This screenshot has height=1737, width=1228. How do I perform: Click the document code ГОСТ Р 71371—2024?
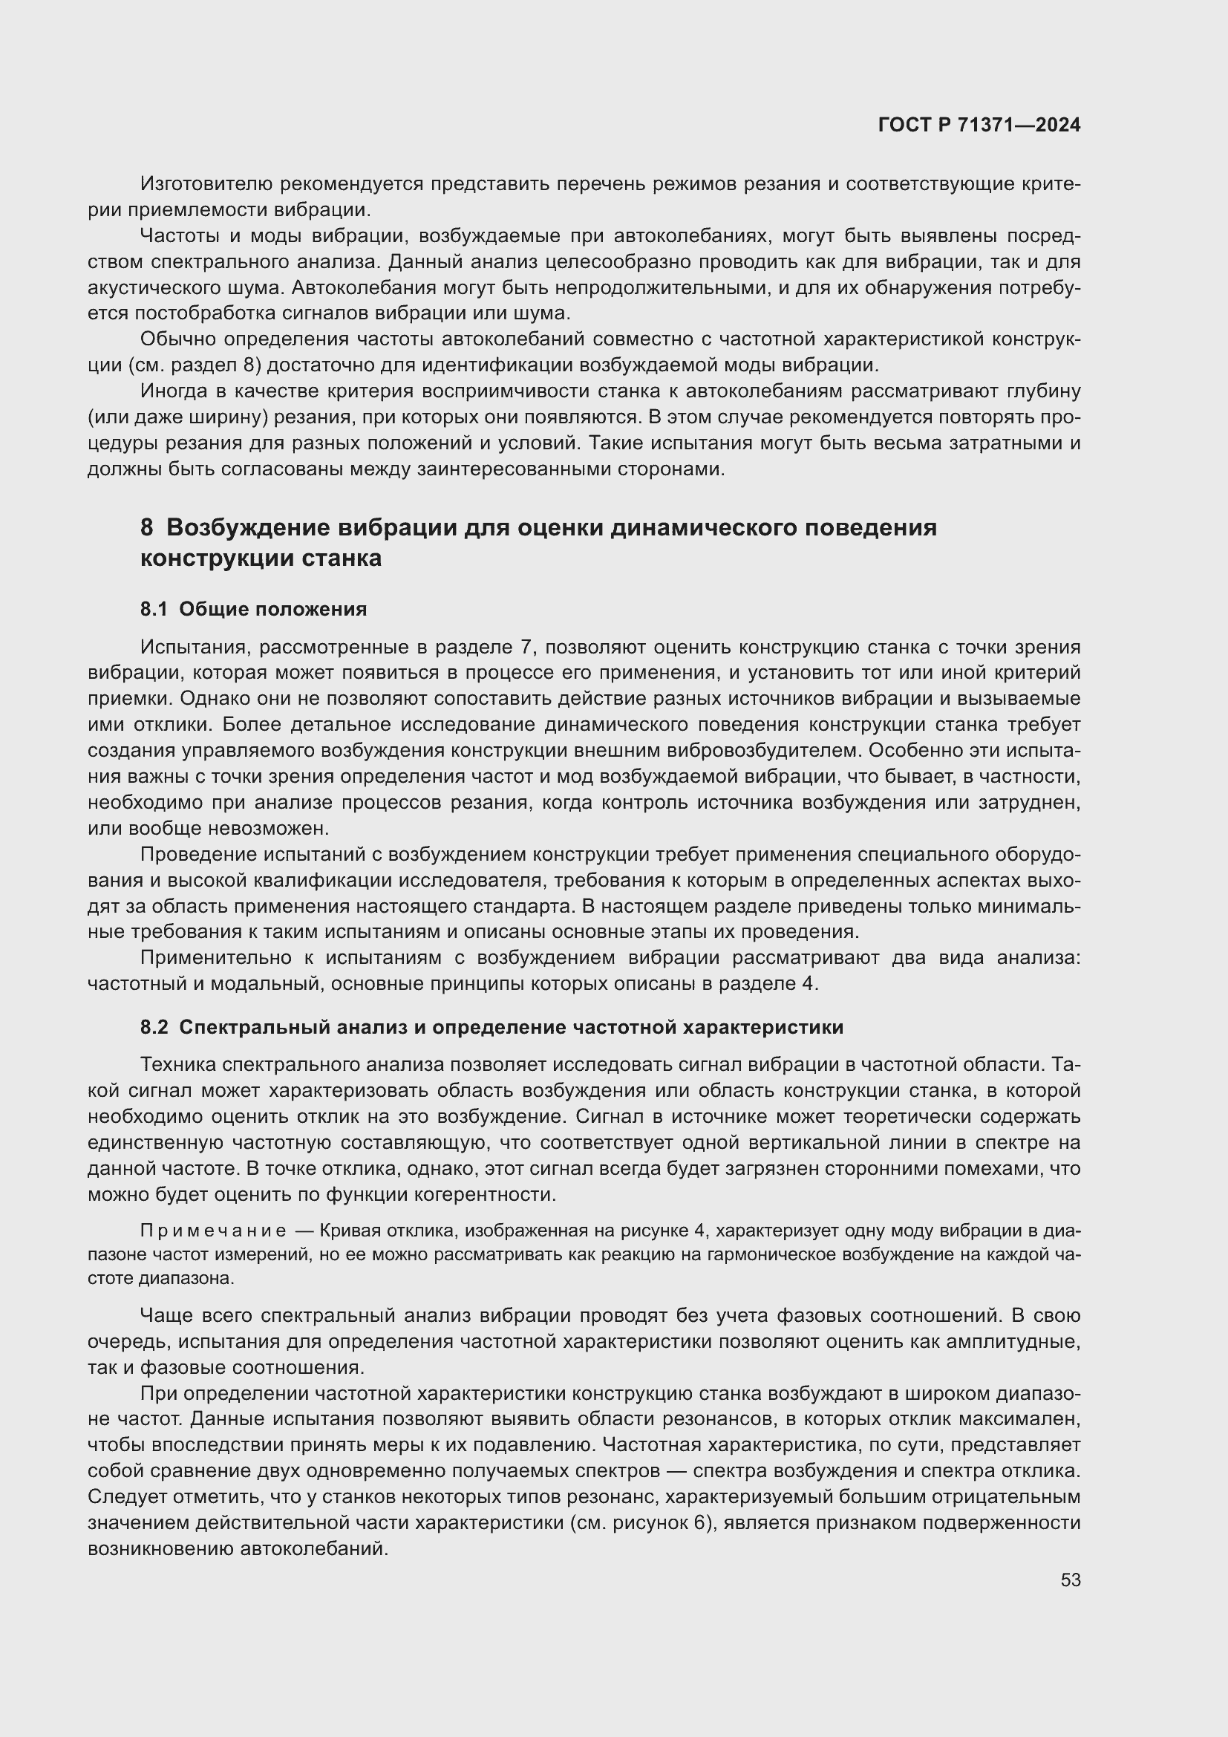979,126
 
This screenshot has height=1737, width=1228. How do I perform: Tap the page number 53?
1070,1580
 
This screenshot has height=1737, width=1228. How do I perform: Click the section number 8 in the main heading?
147,527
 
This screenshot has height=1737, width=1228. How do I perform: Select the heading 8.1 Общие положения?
253,609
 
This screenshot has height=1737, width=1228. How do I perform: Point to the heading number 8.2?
154,1027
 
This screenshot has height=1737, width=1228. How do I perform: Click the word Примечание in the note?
213,1231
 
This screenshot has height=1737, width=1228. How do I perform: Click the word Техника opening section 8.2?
177,1064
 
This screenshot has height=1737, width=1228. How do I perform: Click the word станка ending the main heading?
342,559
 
